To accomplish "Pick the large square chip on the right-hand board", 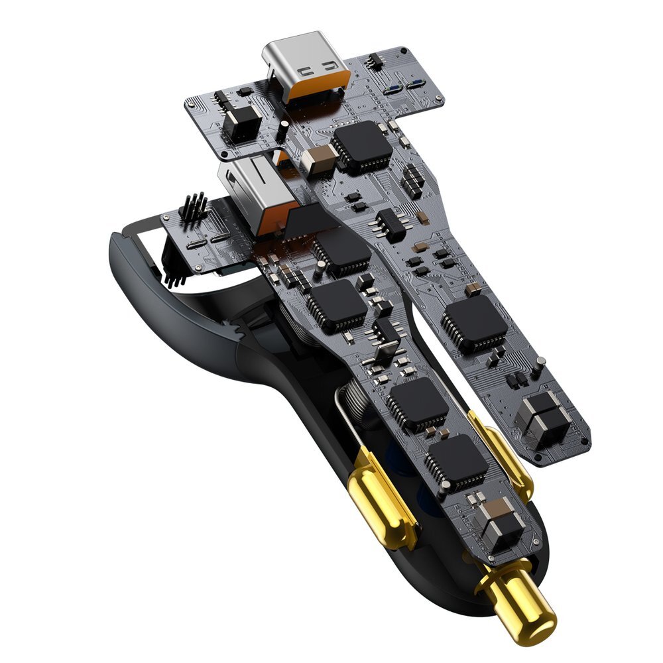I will pos(475,322).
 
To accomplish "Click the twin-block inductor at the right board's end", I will pos(544,416).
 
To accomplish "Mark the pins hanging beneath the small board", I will pos(174,272).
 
